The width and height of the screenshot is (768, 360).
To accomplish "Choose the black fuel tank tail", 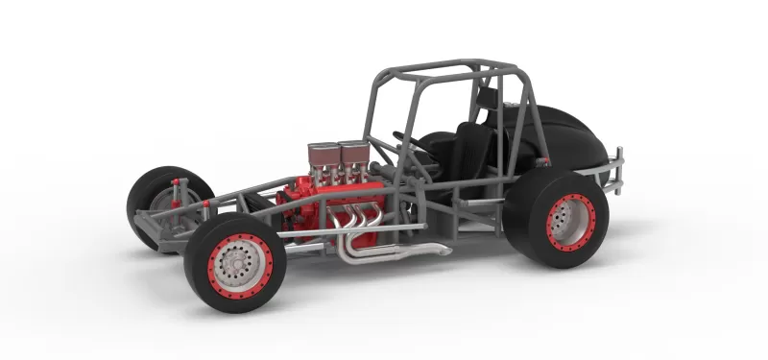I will coord(566,134).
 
